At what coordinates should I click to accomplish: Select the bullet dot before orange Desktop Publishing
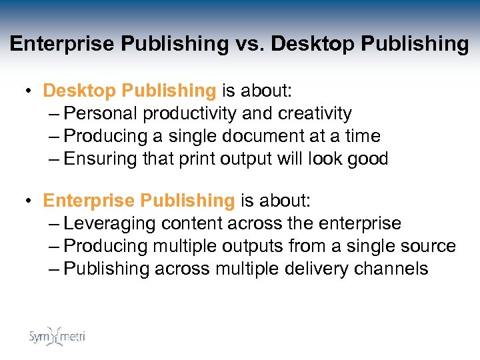click(x=31, y=91)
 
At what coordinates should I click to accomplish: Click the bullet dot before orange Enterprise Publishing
click(x=31, y=201)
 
